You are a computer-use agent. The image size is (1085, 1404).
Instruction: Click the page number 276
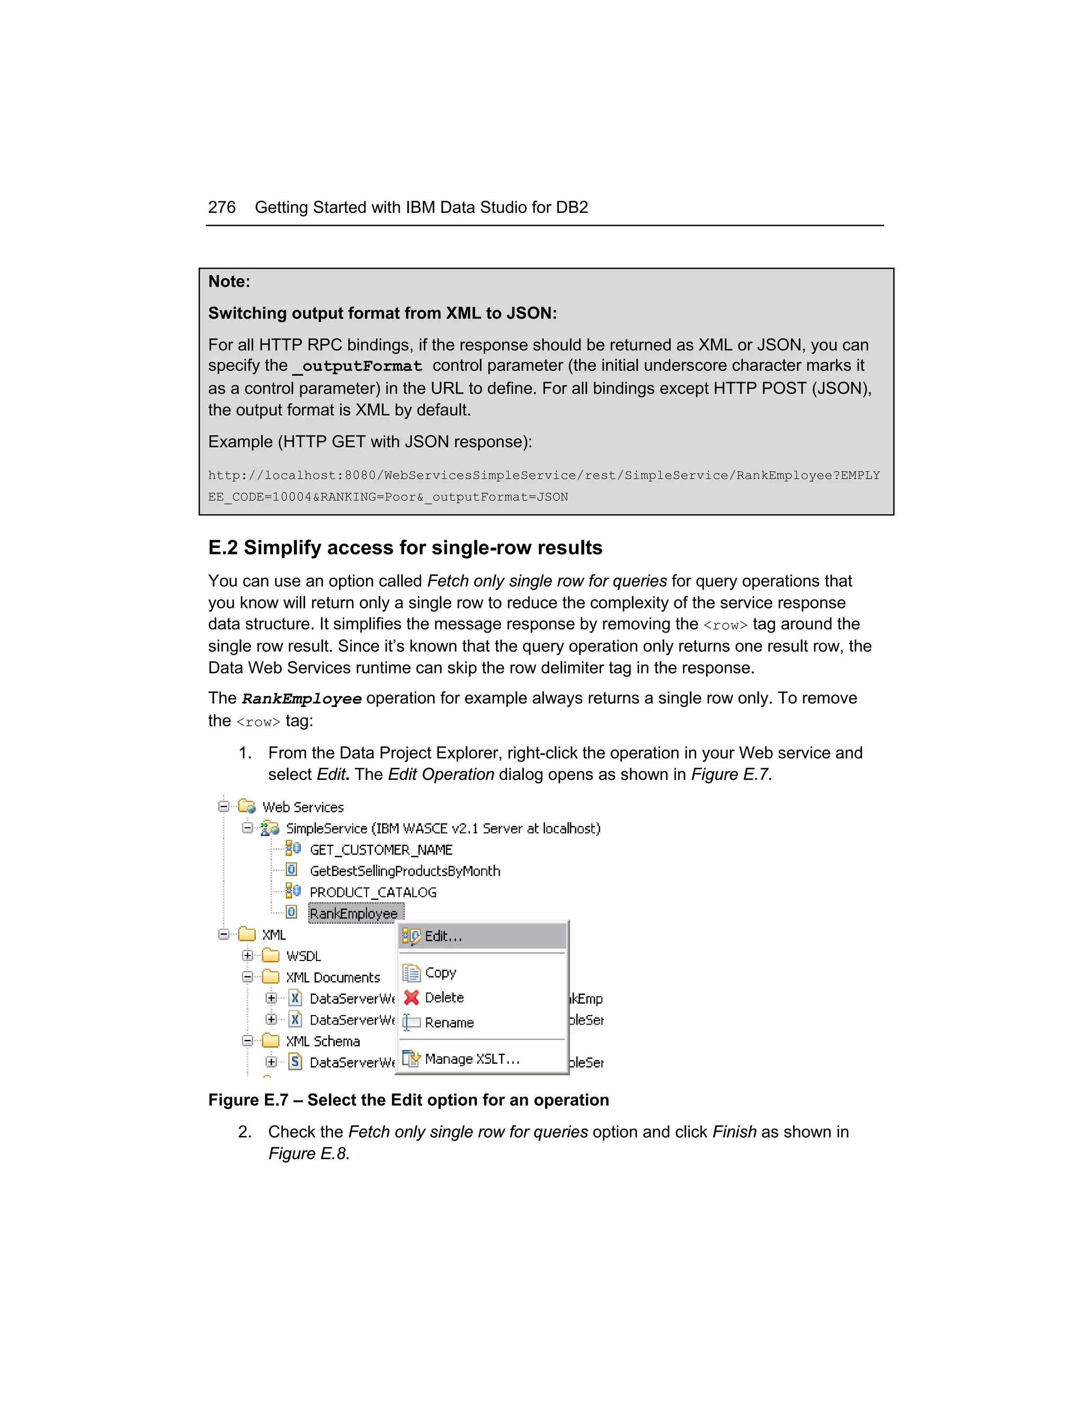221,207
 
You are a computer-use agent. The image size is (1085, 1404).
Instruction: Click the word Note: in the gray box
229,281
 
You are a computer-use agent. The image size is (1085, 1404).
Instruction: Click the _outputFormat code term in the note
358,367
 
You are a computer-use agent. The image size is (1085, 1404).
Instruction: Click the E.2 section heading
405,548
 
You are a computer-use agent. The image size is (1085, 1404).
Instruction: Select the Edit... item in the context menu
443,937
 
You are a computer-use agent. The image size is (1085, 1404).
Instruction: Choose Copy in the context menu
440,973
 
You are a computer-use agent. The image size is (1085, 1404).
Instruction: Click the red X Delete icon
411,997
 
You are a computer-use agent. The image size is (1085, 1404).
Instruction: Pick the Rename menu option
449,1022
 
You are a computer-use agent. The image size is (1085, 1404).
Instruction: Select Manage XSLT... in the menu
472,1059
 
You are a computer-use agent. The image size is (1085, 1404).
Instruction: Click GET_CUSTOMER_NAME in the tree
380,850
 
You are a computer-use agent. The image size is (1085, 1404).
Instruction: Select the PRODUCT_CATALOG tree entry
373,892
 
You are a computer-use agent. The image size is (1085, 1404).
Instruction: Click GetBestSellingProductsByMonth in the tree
404,871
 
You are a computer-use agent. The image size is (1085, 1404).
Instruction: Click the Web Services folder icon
247,806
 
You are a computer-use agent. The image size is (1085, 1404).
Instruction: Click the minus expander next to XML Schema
247,1041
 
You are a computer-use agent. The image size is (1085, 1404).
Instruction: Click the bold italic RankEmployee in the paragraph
301,699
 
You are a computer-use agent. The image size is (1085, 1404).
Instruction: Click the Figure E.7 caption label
247,1100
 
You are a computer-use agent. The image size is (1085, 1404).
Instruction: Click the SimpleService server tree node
443,828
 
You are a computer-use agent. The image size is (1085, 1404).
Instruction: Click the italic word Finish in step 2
734,1132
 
